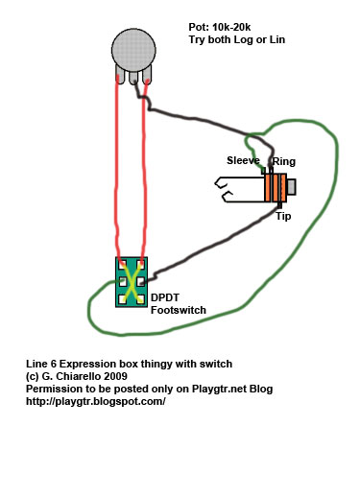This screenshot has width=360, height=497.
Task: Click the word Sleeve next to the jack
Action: [244, 160]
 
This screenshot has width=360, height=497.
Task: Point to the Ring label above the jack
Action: [285, 162]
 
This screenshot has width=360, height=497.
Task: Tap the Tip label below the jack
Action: [283, 216]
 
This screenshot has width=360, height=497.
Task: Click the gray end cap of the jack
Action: [291, 186]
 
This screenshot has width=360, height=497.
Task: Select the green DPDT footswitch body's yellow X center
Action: [131, 281]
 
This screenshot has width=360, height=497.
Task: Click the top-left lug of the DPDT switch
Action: [122, 263]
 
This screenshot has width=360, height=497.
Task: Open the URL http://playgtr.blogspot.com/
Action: [96, 402]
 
